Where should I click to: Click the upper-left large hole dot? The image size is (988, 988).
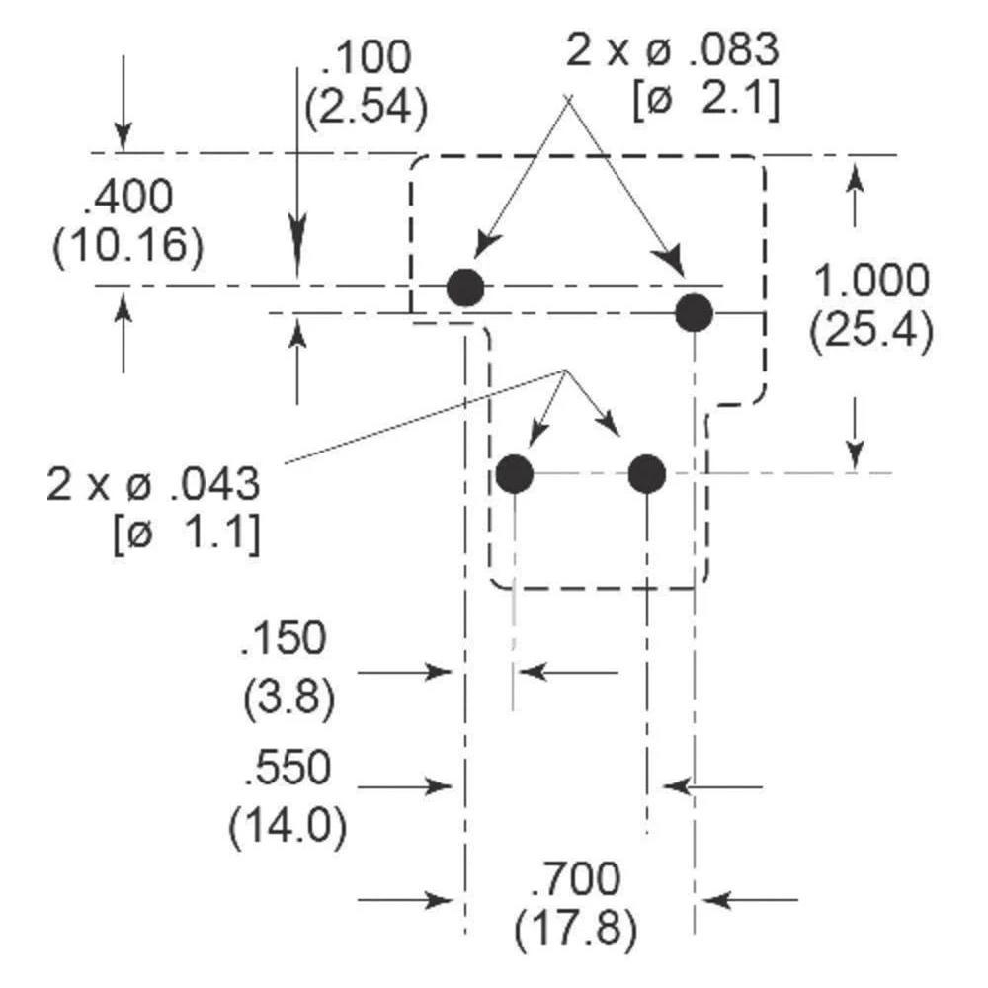tap(464, 288)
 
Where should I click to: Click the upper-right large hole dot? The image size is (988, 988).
tap(695, 313)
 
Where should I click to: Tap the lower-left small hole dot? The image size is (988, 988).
tap(515, 475)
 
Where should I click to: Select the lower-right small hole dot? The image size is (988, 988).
tap(647, 475)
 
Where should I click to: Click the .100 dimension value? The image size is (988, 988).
tap(366, 60)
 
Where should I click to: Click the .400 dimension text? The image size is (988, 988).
tap(128, 199)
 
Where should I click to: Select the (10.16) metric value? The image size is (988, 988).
tap(128, 245)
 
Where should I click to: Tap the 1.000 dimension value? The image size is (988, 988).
tap(870, 283)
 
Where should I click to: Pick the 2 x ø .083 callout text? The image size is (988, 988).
tap(673, 50)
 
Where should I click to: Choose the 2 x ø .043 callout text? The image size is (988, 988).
tap(153, 485)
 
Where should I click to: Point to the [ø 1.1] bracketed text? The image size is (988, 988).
tap(187, 534)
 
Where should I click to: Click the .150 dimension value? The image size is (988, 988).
tap(282, 640)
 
